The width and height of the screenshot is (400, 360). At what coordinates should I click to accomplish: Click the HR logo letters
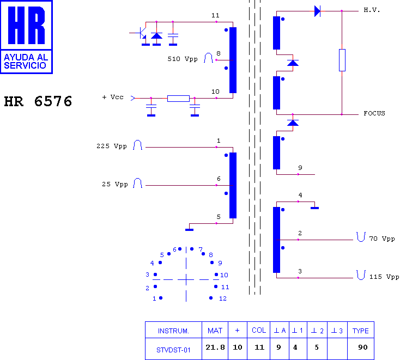(x=27, y=25)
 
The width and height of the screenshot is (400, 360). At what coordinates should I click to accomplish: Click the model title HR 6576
(x=38, y=101)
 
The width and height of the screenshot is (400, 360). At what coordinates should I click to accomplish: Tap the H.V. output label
(x=372, y=10)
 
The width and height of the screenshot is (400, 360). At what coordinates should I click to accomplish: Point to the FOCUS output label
(x=374, y=113)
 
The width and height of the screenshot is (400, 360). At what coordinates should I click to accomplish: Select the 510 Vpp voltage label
(x=183, y=59)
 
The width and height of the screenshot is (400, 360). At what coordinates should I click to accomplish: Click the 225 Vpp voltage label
(x=112, y=146)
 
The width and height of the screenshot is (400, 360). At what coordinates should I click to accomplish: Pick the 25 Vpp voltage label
(x=115, y=184)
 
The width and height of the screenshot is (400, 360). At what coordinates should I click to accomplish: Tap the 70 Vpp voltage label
(x=382, y=239)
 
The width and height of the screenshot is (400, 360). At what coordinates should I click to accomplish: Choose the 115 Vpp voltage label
(x=384, y=277)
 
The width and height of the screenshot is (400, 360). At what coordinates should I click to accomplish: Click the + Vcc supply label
(x=113, y=97)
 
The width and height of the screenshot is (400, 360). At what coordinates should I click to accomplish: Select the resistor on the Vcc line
(x=178, y=99)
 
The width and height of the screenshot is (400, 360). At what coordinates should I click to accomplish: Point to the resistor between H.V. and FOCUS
(x=342, y=60)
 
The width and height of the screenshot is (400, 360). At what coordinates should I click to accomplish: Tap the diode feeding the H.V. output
(x=317, y=11)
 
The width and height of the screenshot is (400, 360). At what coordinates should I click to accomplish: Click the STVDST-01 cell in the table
(x=173, y=350)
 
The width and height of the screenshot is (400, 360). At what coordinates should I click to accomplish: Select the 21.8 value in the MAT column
(x=215, y=347)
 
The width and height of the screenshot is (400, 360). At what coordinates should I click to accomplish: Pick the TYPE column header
(x=361, y=331)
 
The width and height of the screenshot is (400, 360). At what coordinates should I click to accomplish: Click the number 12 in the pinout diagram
(x=223, y=298)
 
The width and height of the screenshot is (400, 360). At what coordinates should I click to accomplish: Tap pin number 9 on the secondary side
(x=300, y=168)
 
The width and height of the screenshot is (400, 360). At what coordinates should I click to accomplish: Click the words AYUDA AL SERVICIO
(x=26, y=62)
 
